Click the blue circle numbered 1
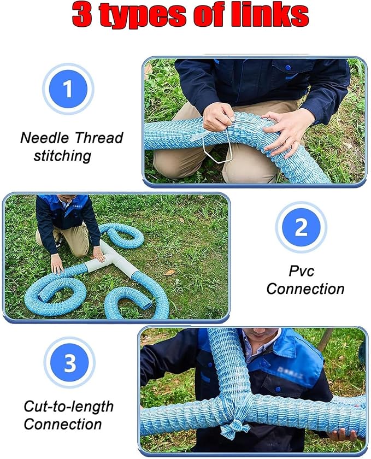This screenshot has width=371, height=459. pyautogui.click(x=68, y=89)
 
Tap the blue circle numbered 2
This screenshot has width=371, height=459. pyautogui.click(x=301, y=227)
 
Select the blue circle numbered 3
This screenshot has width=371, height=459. pyautogui.click(x=69, y=363)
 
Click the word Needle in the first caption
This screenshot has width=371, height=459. pyautogui.click(x=44, y=138)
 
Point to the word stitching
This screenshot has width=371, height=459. pyautogui.click(x=62, y=156)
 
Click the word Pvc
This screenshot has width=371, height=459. pyautogui.click(x=301, y=271)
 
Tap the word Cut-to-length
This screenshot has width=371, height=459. pyautogui.click(x=68, y=407)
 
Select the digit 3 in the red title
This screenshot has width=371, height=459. pyautogui.click(x=82, y=15)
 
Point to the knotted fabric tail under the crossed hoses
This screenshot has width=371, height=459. pyautogui.click(x=234, y=429)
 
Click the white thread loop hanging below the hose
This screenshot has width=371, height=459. pyautogui.click(x=217, y=148)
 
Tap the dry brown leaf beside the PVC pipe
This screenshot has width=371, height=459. pyautogui.click(x=169, y=273)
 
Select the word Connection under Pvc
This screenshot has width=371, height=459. pyautogui.click(x=305, y=289)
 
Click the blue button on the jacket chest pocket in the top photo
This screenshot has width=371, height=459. pyautogui.click(x=288, y=68)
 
